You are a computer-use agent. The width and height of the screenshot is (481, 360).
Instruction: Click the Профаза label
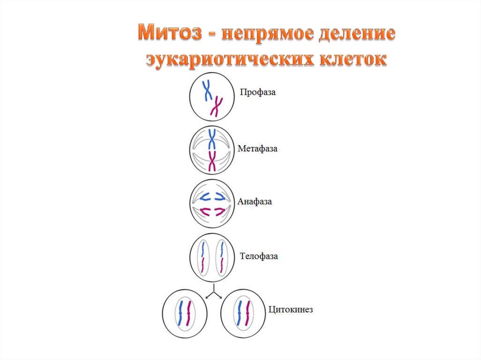pos(257,92)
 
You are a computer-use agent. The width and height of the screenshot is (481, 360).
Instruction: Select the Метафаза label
pos(257,149)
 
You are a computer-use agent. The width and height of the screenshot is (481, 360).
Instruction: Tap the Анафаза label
pos(255,202)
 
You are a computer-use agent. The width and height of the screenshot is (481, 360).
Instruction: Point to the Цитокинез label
pos(290,310)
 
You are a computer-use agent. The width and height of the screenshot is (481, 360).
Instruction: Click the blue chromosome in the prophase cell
pos(207,90)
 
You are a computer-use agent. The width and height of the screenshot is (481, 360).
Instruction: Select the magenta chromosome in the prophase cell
pos(217,107)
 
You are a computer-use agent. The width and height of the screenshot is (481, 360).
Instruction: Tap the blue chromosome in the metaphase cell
pos(212,139)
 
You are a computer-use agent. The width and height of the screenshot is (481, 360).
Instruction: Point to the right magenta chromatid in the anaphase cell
pos(220,212)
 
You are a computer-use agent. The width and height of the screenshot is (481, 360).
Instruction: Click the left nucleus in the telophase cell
pos(202,258)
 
